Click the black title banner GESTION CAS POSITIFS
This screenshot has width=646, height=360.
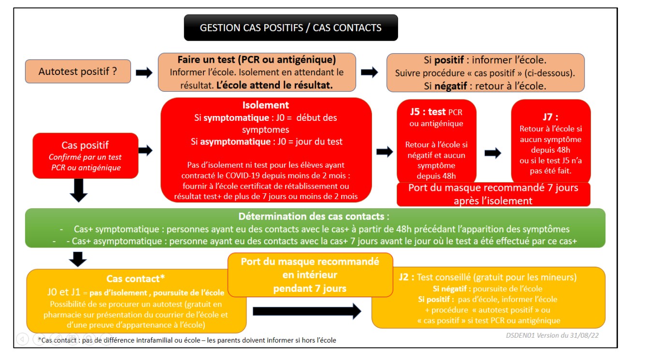coord(290,28)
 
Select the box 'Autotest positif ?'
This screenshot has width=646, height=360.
coord(78,72)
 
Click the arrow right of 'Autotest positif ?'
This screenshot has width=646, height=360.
coord(144,72)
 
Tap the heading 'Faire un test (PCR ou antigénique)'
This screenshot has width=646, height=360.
coord(257,60)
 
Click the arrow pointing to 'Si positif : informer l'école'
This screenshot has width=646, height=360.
coord(369,72)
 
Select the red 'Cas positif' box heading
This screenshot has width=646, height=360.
coord(85,145)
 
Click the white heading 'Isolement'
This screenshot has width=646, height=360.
coord(266,105)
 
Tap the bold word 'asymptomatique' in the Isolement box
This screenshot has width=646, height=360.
coord(232,142)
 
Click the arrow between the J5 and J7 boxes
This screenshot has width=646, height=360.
coord(493,153)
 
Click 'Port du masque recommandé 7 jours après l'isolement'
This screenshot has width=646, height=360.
coord(493,194)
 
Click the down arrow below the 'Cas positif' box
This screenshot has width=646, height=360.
coord(79,190)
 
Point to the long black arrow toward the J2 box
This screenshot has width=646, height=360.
coord(306,311)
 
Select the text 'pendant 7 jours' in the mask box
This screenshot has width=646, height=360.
coord(310,288)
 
